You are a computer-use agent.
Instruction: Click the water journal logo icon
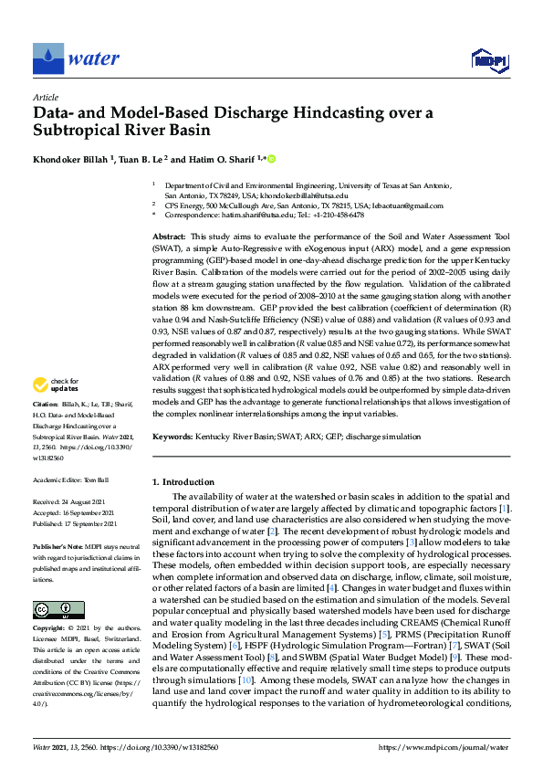[x=47, y=58]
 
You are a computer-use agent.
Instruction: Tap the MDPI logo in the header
[x=485, y=60]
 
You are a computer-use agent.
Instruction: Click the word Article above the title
[x=46, y=97]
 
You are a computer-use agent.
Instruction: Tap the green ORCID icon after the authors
[x=271, y=159]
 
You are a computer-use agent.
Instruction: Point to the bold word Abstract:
[x=170, y=237]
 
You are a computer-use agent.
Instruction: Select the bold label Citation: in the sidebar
[x=46, y=428]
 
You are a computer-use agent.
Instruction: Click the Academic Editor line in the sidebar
[x=71, y=479]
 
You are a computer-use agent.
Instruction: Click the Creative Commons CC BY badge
[x=53, y=610]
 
